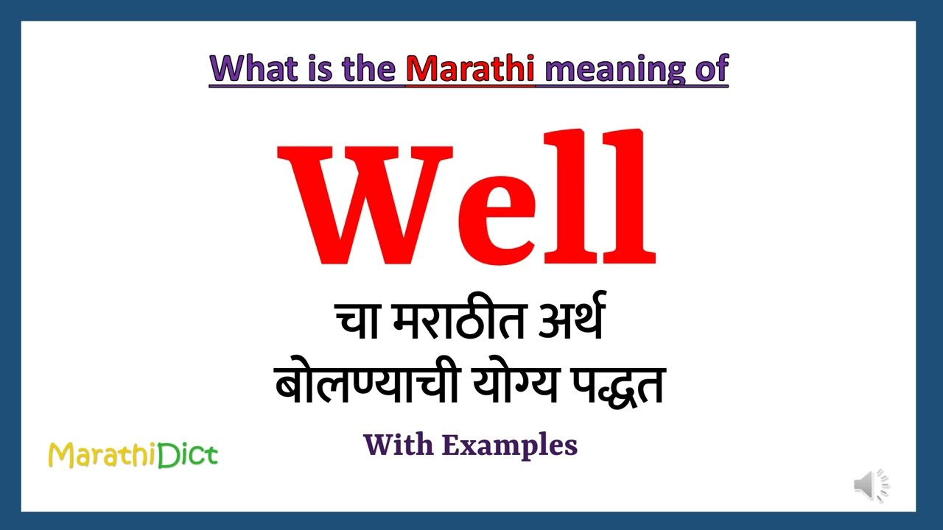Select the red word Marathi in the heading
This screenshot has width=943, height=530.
[470, 68]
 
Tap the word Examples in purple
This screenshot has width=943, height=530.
[510, 445]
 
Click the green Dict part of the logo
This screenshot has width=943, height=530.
[187, 455]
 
